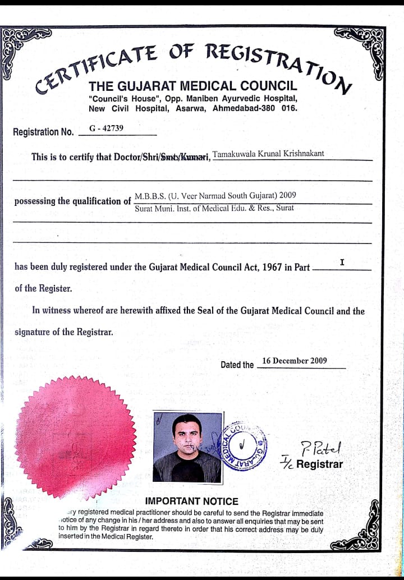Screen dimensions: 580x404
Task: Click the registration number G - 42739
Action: [107, 128]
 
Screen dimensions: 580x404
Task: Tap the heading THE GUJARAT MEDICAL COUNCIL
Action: [192, 86]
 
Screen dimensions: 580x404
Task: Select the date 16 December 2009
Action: [295, 361]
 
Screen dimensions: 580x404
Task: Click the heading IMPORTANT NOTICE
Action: [192, 501]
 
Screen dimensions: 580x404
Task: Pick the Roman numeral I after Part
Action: [342, 262]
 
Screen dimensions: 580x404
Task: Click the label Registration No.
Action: [43, 132]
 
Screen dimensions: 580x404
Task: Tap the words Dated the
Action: [237, 365]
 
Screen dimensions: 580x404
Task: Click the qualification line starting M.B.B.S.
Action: [215, 196]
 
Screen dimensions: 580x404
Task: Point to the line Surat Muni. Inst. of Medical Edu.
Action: [214, 208]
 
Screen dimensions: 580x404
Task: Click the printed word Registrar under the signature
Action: [319, 464]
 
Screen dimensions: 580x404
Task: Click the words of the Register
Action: [43, 289]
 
